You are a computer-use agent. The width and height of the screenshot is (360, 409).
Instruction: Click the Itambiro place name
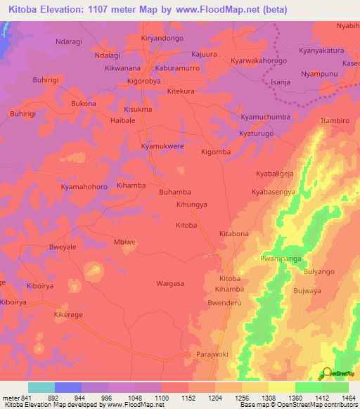tap(335, 121)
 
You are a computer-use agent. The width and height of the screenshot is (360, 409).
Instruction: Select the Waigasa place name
tap(170, 283)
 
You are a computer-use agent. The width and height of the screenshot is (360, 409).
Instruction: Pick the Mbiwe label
tap(124, 242)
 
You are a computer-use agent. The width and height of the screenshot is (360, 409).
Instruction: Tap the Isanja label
tap(281, 82)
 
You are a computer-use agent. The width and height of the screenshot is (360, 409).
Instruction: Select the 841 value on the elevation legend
tap(25, 397)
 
